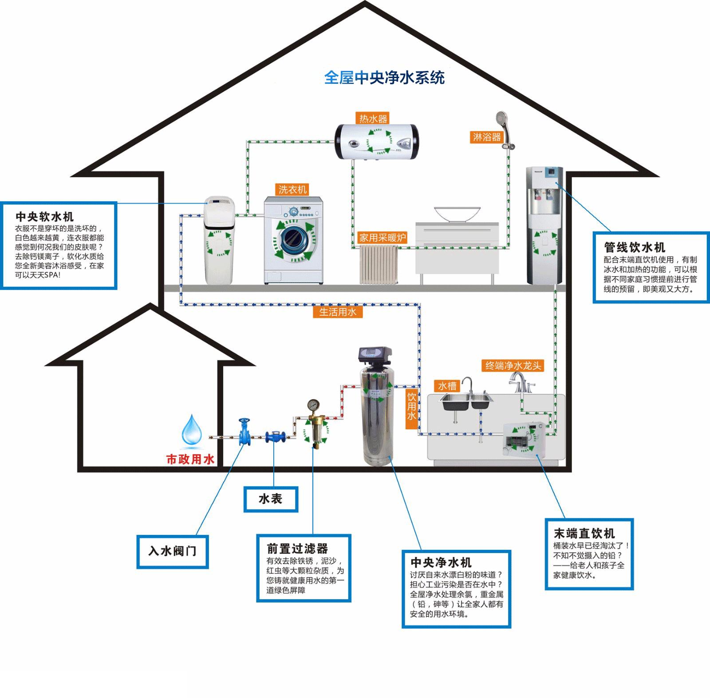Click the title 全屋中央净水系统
(x=384, y=78)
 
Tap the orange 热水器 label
(x=373, y=118)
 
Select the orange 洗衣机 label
(x=292, y=190)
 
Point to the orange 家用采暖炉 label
(x=383, y=238)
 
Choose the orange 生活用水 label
(x=338, y=312)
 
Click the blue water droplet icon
(x=192, y=429)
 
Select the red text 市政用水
(x=190, y=459)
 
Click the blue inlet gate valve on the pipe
(x=244, y=432)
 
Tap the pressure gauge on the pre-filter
(x=314, y=405)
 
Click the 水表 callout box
(x=271, y=499)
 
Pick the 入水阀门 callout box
(x=172, y=551)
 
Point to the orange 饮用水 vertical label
(x=412, y=409)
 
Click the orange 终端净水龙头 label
(x=513, y=365)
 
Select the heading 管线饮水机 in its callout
(x=635, y=247)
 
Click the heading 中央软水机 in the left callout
(x=44, y=217)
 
